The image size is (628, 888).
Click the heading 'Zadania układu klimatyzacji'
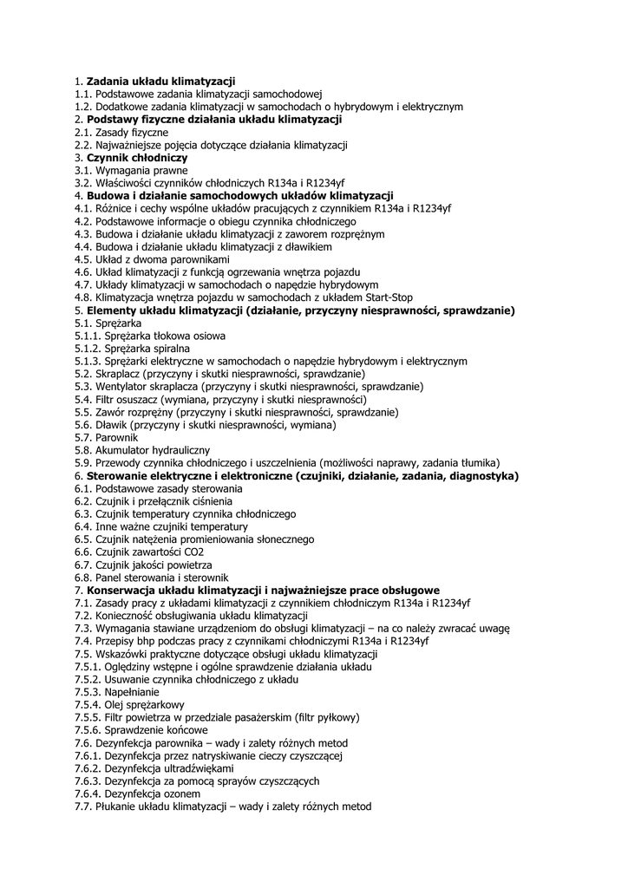[160, 81]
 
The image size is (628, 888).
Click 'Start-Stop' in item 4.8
[387, 297]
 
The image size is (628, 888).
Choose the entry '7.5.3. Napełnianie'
[117, 693]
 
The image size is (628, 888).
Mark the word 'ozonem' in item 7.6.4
[181, 794]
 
